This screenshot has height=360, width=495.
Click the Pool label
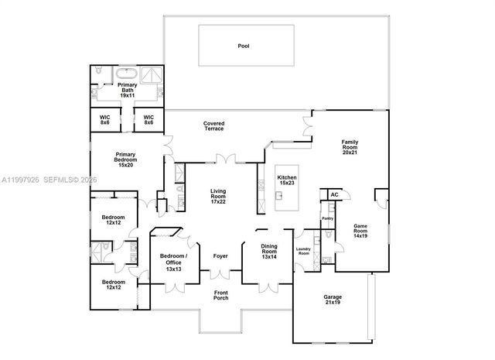[x=244, y=46]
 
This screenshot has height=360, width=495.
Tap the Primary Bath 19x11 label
[x=128, y=90]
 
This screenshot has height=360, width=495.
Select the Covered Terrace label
[x=214, y=125]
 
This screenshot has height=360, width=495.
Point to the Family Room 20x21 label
[x=350, y=147]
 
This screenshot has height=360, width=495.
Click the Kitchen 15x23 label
[x=286, y=180]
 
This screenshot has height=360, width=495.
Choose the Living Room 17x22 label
[x=219, y=197]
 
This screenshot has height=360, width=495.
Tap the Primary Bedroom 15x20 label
[x=125, y=159]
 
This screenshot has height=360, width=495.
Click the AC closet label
[x=334, y=195]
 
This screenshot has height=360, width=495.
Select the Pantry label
[x=327, y=219]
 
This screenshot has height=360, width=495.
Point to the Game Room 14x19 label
[x=360, y=231]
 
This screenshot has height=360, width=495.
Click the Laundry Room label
[x=303, y=252]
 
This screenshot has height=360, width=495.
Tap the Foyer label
[x=220, y=256]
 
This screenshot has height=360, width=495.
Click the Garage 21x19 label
[x=333, y=300]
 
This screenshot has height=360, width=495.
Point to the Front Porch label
[x=221, y=295]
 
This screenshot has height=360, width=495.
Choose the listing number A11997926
[x=19, y=180]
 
